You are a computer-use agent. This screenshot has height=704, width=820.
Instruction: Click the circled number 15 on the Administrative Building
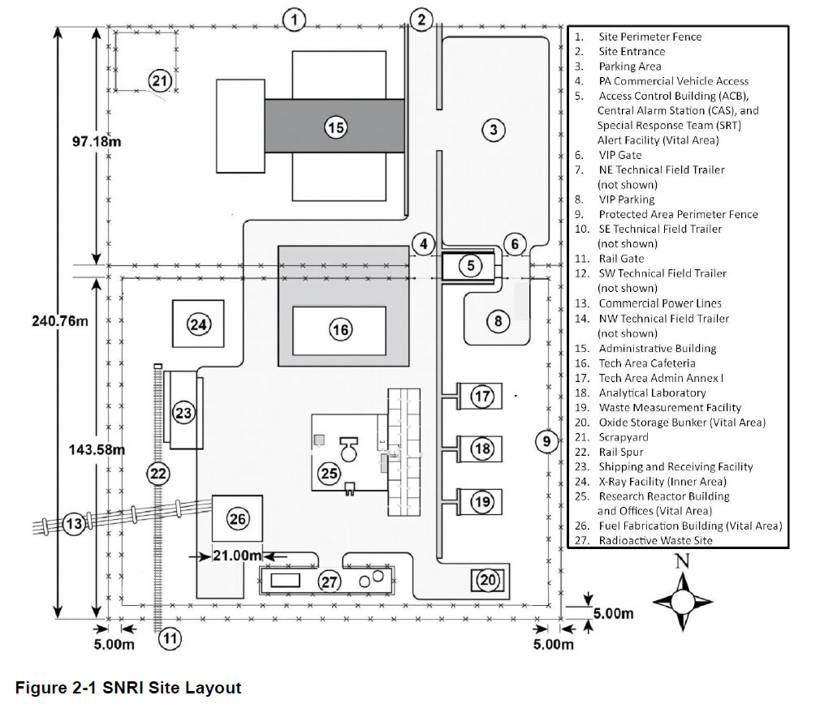pos(335,127)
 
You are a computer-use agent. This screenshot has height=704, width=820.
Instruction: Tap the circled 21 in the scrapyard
pos(160,80)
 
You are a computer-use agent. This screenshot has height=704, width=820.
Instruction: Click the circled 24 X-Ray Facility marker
pos(199,324)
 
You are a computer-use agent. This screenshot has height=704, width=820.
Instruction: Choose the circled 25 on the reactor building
pos(330,474)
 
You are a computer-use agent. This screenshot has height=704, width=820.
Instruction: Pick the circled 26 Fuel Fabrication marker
pos(237,519)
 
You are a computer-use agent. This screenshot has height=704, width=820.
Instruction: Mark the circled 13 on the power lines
pos(75,524)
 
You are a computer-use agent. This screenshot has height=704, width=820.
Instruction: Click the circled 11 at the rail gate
pos(170,637)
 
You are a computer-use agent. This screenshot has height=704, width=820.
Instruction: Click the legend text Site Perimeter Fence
pos(650,36)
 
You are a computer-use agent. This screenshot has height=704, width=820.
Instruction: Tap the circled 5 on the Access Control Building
pos(470,265)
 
